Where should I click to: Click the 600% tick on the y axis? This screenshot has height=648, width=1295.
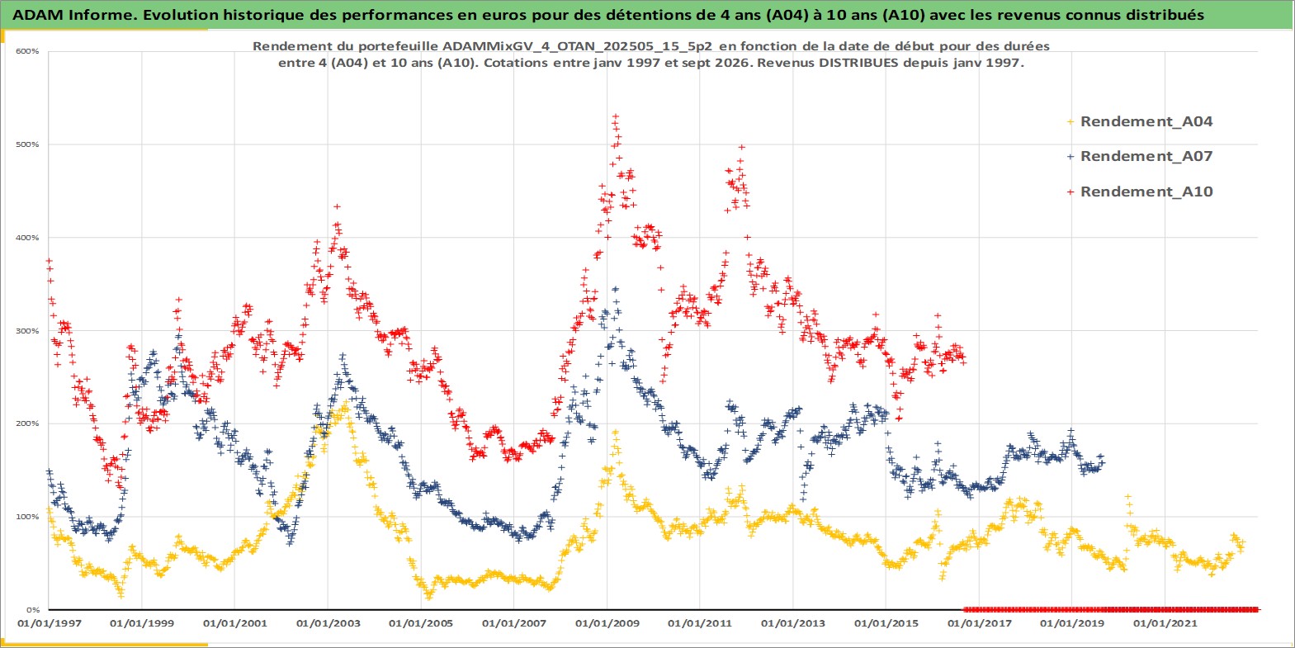point(27,51)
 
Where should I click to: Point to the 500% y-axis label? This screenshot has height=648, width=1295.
point(27,144)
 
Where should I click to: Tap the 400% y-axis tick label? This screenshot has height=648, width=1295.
point(27,238)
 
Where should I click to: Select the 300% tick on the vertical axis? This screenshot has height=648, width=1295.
point(27,331)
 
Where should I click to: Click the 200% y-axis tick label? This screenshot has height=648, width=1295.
point(27,423)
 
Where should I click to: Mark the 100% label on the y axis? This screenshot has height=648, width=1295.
point(27,517)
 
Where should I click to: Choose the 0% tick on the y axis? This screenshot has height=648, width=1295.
point(33,610)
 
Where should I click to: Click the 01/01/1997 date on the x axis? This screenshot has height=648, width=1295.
point(50,623)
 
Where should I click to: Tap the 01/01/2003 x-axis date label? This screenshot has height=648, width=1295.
point(328,623)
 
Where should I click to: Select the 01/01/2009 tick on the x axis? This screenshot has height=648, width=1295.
point(607,623)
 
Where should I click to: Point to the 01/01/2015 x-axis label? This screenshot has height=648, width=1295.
point(886,623)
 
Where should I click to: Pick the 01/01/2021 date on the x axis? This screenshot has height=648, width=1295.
point(1165,623)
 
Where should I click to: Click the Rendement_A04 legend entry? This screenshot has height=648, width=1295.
point(1140,121)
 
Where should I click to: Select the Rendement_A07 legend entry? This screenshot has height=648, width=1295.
point(1140,156)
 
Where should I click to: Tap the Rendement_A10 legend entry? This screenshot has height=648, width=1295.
point(1140,192)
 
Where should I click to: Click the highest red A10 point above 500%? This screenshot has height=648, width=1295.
point(616,116)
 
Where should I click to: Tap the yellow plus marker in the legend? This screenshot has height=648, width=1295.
point(1071,122)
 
